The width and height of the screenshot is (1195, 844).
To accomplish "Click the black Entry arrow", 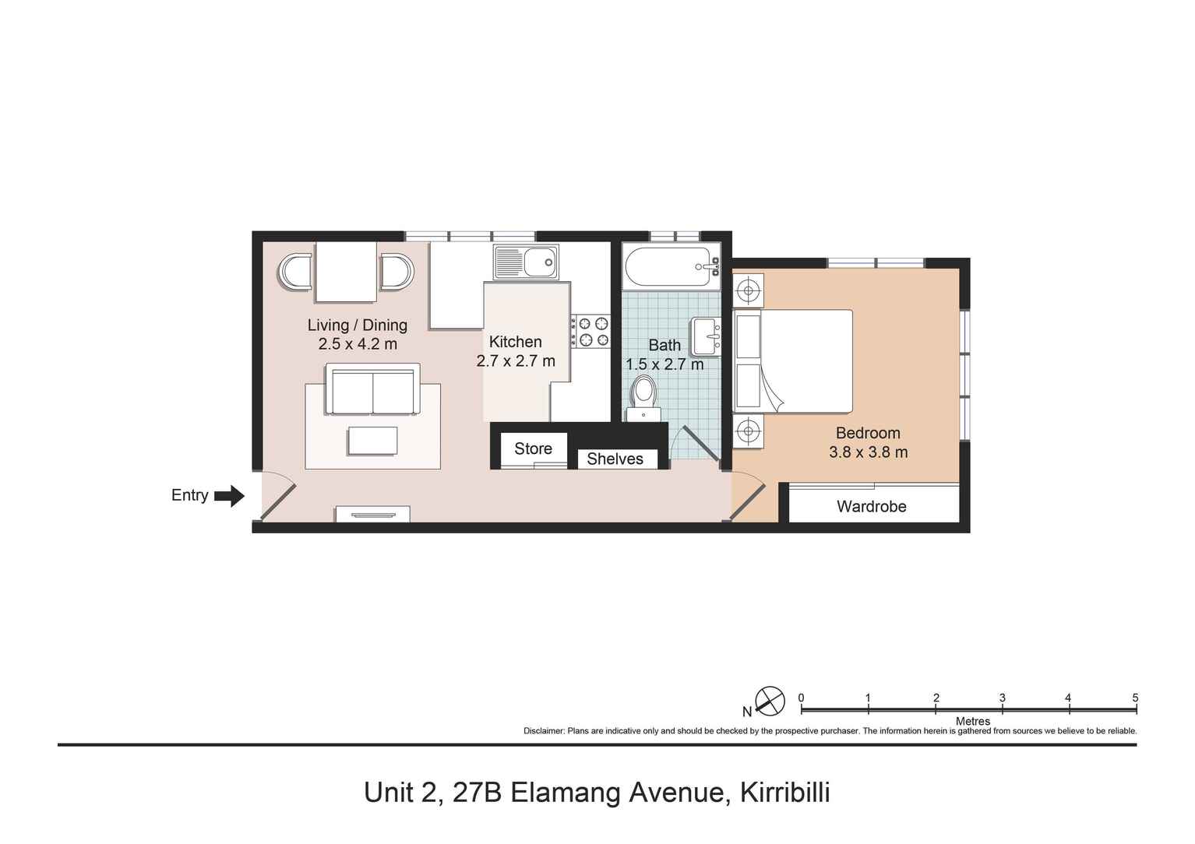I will [x=229, y=496].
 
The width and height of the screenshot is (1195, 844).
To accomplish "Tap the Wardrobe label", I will [x=871, y=507].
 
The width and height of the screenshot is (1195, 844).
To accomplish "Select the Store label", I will [x=533, y=448].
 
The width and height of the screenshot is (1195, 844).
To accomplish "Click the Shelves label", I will [x=615, y=459].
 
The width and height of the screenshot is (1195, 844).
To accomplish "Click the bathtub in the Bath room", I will [x=671, y=266].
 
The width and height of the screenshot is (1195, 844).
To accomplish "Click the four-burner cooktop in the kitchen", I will [x=590, y=331].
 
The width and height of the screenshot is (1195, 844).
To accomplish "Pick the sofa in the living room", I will [x=372, y=389].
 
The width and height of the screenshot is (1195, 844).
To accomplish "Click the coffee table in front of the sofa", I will [x=372, y=441].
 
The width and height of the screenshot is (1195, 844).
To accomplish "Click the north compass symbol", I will [x=770, y=701].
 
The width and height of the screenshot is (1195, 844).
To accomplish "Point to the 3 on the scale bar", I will [x=1002, y=698].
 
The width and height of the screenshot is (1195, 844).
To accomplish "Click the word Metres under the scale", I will [x=972, y=721].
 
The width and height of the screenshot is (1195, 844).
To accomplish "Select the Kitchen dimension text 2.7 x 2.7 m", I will [x=516, y=361].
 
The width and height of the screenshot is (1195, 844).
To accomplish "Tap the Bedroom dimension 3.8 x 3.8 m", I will [x=868, y=452].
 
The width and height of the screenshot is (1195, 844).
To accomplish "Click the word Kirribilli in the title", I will [x=784, y=793].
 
